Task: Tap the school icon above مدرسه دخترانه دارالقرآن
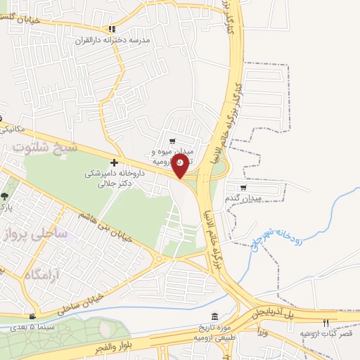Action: (111, 29)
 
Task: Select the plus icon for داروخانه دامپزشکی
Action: (114, 162)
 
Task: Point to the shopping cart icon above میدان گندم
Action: (243, 187)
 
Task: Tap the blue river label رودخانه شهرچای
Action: (281, 243)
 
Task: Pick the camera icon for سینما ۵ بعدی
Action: (32, 317)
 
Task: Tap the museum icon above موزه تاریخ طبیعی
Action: (214, 317)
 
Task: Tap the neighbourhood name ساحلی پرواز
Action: (42, 233)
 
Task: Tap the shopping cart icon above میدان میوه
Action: (172, 140)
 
